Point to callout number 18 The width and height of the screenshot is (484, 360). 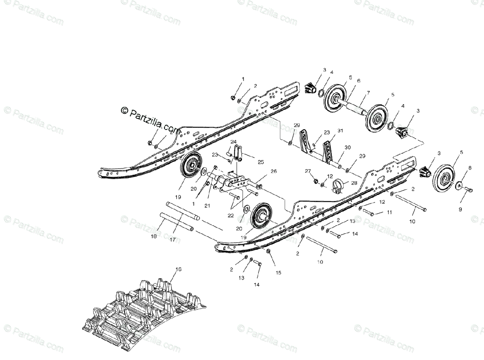pos(154,236)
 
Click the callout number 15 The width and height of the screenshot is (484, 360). pos(278,273)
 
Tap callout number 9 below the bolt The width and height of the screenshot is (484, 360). pos(460,209)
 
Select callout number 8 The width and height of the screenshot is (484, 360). pos(469,167)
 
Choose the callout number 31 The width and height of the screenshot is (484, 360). pos(340,130)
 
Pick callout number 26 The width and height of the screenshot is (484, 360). pos(274,172)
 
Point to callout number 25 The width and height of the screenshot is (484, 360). pos(261,162)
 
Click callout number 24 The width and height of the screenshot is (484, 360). pos(234,142)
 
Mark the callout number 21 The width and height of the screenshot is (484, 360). pos(208,195)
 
